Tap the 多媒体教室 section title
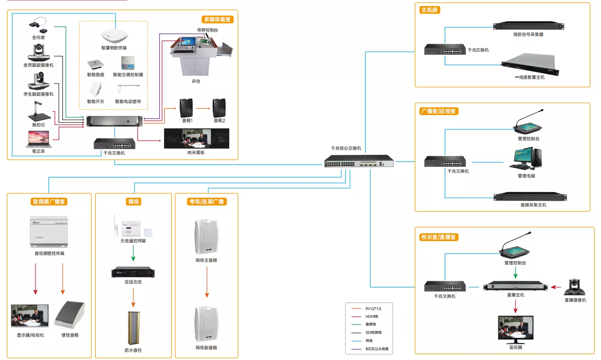coord(218,19)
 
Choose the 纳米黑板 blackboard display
coord(196,138)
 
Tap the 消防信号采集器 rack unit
coord(528,26)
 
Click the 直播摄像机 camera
coord(575,286)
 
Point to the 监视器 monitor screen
coord(515,330)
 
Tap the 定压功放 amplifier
coord(133,273)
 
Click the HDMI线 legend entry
coord(373,316)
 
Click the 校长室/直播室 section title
coord(439,237)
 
